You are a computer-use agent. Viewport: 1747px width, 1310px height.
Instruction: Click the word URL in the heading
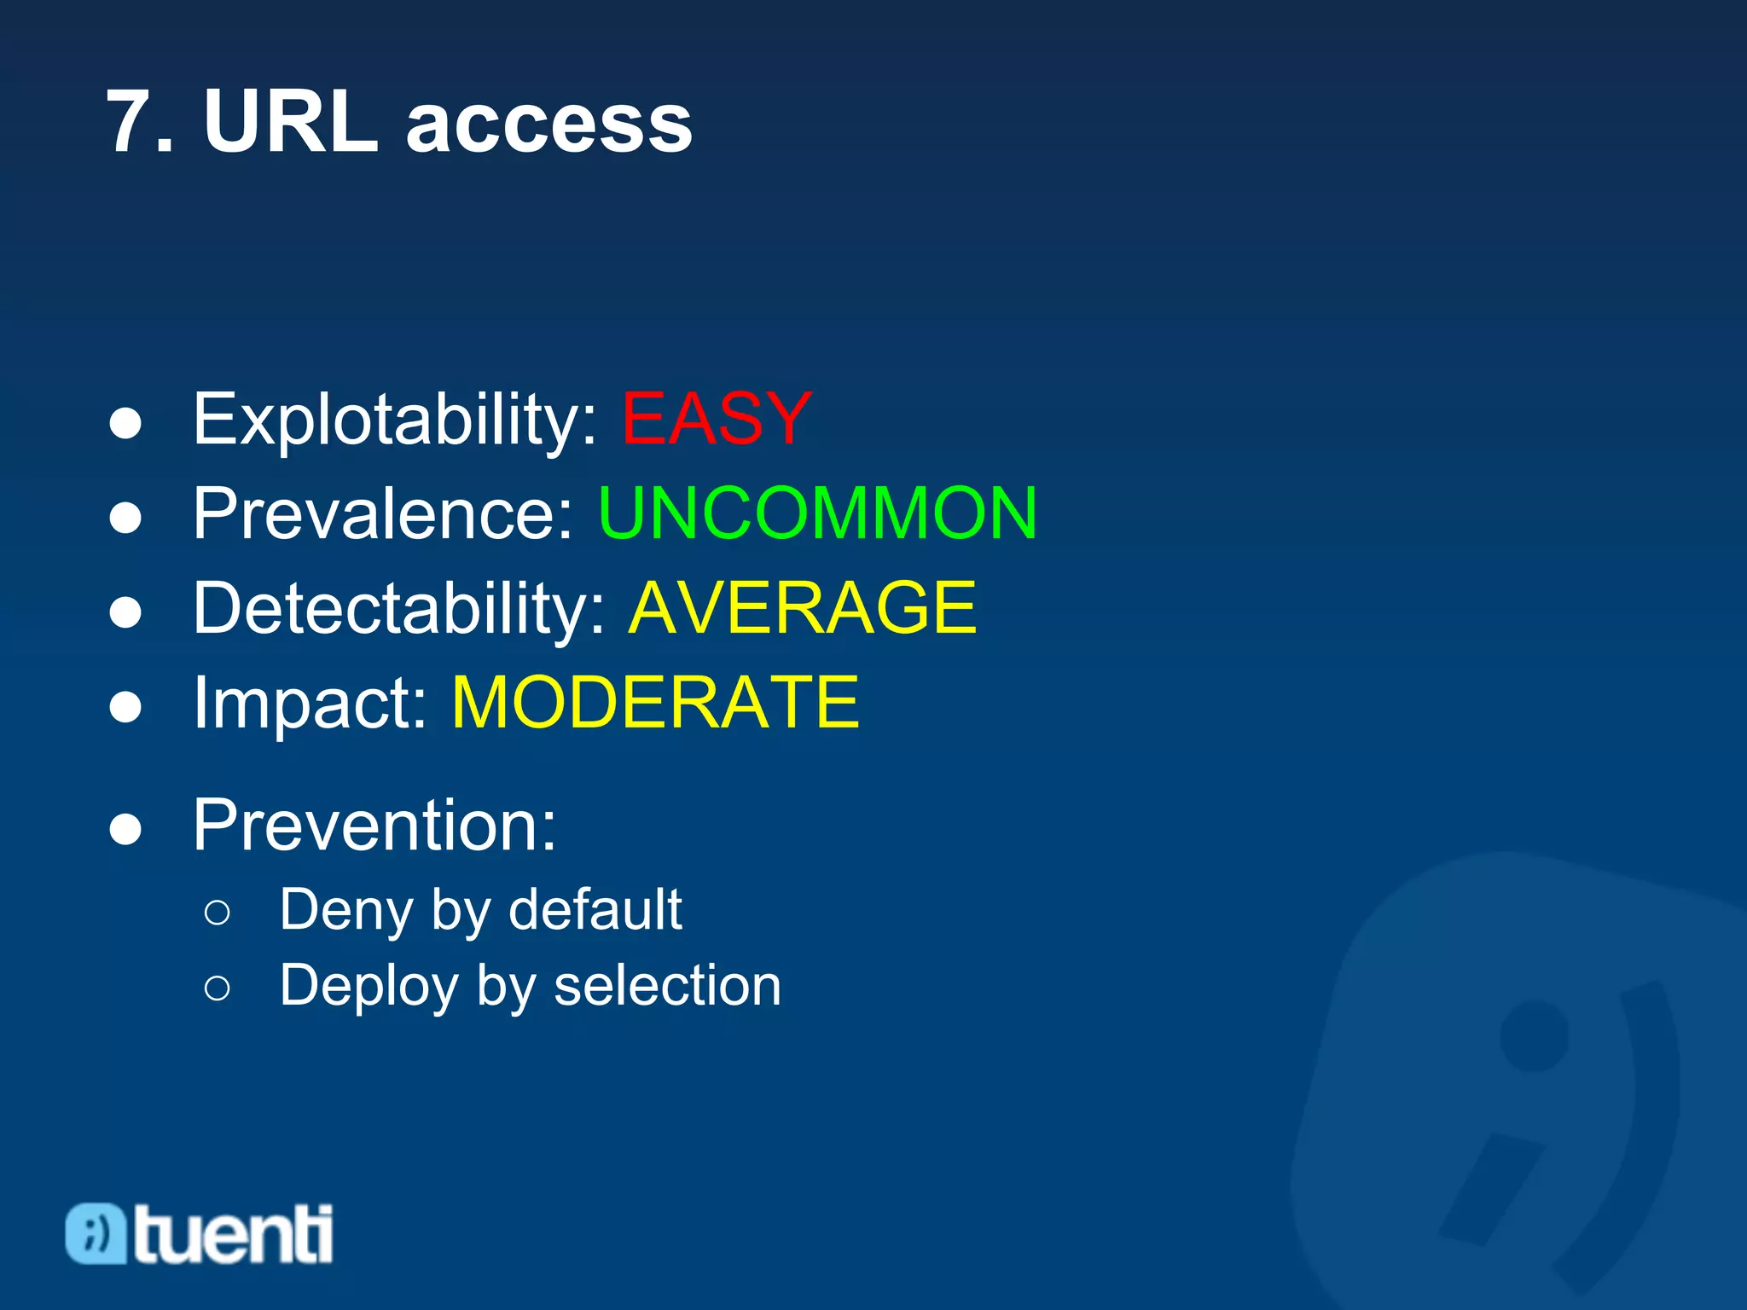[x=291, y=123]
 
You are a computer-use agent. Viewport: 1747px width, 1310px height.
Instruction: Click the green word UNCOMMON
[x=817, y=513]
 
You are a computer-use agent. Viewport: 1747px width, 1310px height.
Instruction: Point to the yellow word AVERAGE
[x=802, y=607]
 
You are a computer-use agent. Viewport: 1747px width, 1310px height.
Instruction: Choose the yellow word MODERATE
[x=655, y=702]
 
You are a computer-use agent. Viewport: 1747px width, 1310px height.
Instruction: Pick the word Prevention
[x=374, y=825]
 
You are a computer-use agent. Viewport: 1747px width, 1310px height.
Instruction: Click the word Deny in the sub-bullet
[x=346, y=911]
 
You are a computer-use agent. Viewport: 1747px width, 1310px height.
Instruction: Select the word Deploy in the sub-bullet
[x=369, y=987]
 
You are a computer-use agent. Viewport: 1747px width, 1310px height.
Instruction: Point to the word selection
[x=667, y=985]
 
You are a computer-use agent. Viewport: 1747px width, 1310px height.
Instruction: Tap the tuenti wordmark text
[x=232, y=1234]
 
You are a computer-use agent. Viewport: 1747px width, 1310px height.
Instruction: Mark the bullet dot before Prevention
[x=125, y=828]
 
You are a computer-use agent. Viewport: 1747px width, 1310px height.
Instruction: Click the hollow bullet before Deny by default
[x=218, y=913]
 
